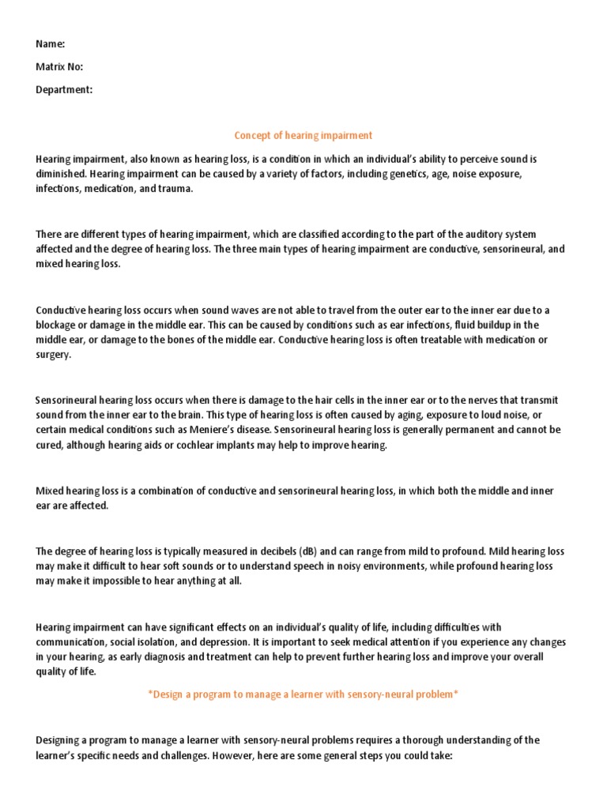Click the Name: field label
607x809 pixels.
[50, 44]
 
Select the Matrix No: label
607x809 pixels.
[59, 67]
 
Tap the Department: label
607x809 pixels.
[64, 89]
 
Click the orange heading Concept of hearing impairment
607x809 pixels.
[303, 135]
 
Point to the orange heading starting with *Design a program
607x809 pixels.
[303, 694]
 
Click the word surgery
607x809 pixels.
[53, 355]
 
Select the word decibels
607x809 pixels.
[277, 551]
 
